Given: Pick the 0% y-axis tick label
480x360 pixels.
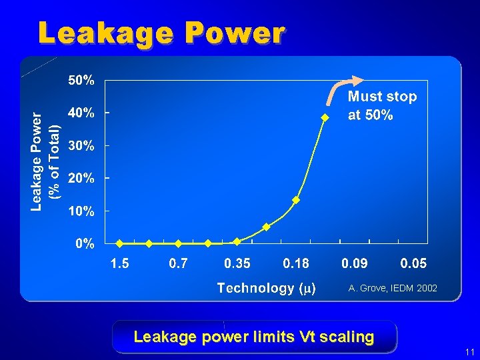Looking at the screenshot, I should point(84,244).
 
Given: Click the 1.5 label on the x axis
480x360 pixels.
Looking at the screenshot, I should point(119,264).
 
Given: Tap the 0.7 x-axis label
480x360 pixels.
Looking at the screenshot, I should point(178,264).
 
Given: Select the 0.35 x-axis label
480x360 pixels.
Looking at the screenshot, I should point(237,264).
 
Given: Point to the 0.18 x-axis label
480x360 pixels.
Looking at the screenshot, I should point(296,264).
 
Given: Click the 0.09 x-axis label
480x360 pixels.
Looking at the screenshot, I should point(355,264).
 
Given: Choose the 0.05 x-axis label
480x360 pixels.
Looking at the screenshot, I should point(413,264).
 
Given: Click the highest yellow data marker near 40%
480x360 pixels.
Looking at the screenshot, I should point(325,117).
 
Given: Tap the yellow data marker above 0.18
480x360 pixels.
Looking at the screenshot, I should point(296,200).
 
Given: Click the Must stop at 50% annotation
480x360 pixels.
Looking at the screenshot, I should point(382,105).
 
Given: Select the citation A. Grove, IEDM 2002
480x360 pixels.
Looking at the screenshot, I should point(393,288).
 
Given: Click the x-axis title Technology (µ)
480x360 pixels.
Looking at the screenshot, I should point(267,288).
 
